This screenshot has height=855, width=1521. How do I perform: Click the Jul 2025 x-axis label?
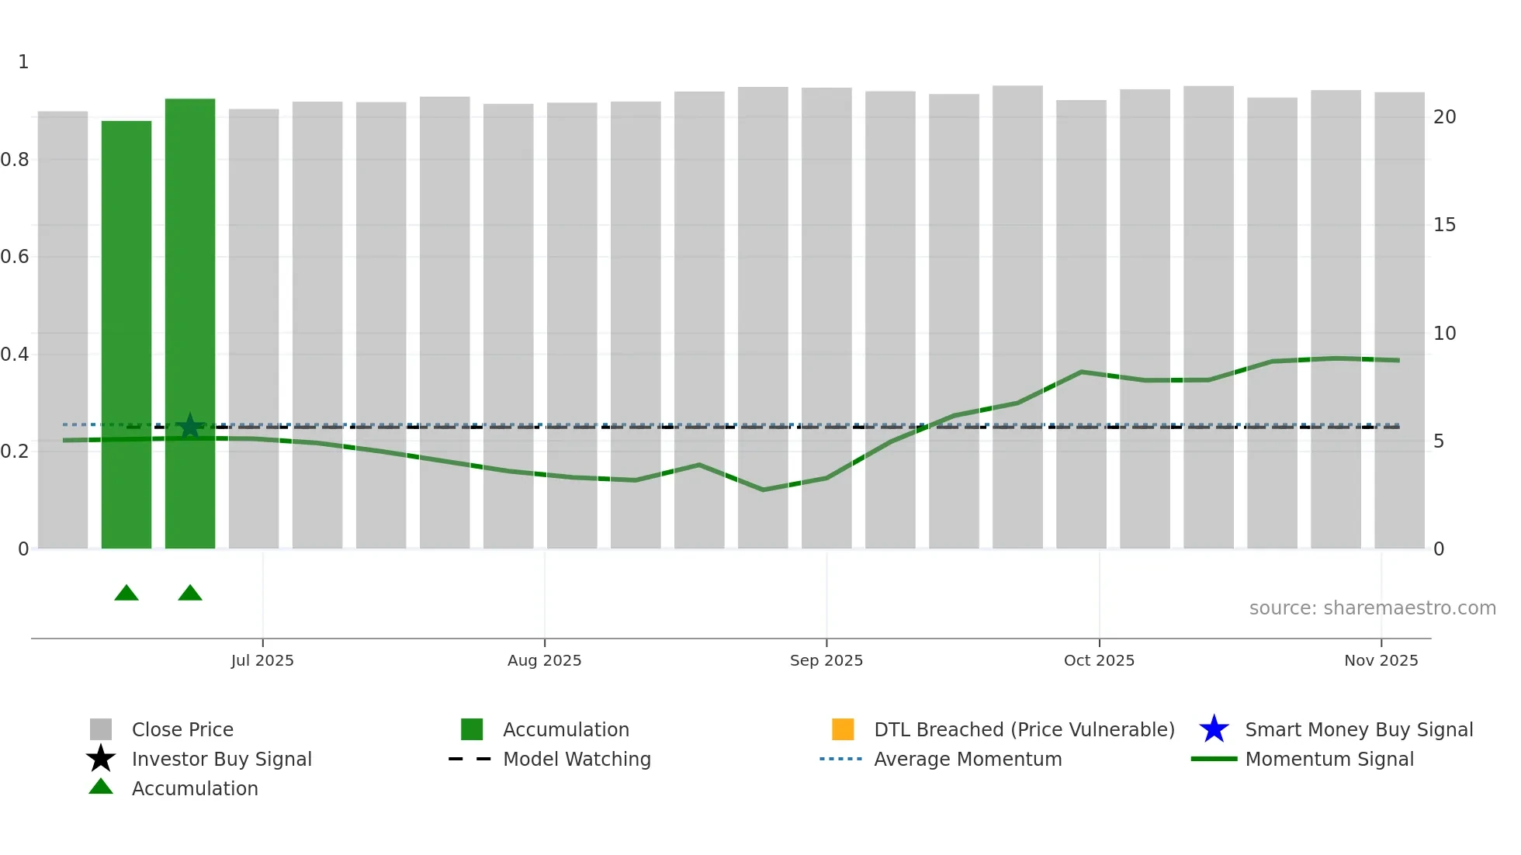pos(262,660)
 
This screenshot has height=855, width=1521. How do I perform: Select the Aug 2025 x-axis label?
pos(544,660)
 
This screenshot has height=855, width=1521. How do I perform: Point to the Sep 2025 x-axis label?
pos(826,660)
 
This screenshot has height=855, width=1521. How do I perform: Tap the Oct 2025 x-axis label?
pos(1099,660)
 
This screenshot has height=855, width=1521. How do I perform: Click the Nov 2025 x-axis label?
pos(1381,660)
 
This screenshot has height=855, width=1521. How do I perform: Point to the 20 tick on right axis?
pos(1444,117)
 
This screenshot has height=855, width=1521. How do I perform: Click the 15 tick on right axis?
pos(1444,225)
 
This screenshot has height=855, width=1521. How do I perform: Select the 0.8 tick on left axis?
pos(15,160)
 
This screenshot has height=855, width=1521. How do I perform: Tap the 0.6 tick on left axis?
pos(15,257)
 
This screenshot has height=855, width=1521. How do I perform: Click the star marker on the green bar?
pos(190,426)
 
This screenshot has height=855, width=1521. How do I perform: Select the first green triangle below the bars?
pos(126,594)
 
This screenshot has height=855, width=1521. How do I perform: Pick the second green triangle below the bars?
pos(190,594)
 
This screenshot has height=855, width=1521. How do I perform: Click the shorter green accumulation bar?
pos(126,334)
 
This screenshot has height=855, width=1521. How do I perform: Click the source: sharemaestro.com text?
pos(1372,608)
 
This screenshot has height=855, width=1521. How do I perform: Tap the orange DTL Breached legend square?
pos(843,729)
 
